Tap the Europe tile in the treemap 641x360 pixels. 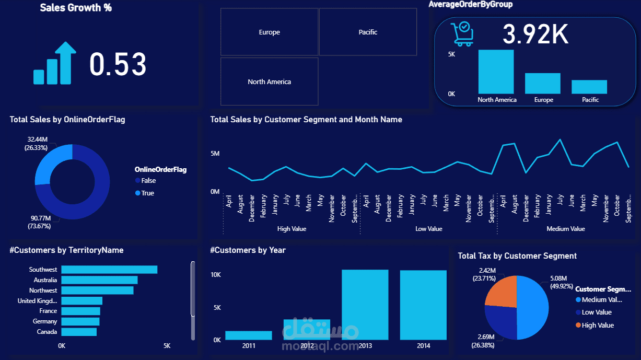269,32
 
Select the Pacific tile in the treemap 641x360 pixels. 368,32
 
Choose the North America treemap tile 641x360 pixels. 269,82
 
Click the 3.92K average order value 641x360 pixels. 535,34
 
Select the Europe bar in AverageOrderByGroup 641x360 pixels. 543,83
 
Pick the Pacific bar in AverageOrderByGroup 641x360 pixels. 589,87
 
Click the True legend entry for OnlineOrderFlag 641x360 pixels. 148,193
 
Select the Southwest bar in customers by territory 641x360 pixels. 109,270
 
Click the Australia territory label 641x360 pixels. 45,280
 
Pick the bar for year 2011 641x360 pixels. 249,335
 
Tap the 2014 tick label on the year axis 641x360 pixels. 423,346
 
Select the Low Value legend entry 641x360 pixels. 596,312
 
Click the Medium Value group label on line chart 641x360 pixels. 565,229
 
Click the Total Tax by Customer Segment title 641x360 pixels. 517,256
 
